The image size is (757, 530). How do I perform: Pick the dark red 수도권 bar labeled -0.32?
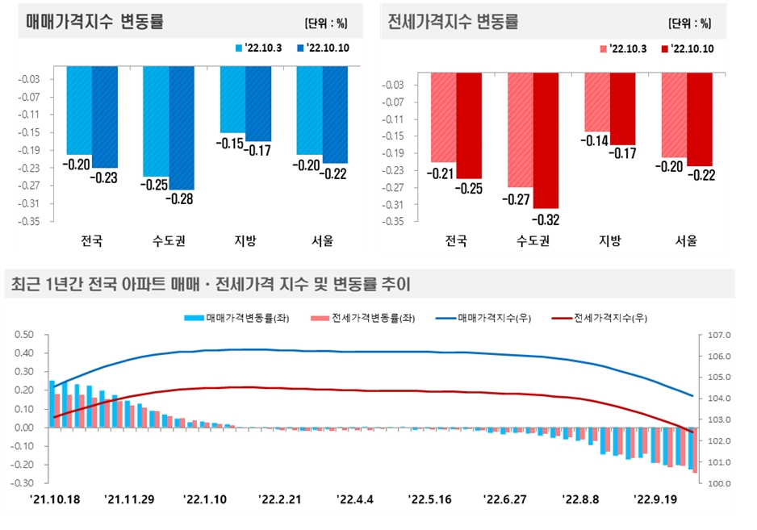tap(546, 140)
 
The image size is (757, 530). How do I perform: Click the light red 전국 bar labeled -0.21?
tap(443, 117)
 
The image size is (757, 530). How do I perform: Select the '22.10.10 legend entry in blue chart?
tap(323, 48)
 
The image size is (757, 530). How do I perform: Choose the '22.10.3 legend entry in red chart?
tap(625, 49)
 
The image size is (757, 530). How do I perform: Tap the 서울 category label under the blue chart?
tap(322, 240)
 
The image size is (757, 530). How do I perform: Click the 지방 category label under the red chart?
tap(609, 240)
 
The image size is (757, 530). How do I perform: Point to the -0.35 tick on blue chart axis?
tap(29, 220)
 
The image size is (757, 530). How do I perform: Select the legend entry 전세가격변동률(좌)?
tap(362, 318)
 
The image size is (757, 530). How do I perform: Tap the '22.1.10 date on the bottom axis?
tap(205, 499)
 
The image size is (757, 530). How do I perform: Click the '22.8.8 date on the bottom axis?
tap(582, 499)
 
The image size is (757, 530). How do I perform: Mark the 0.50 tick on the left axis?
tap(25, 335)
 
